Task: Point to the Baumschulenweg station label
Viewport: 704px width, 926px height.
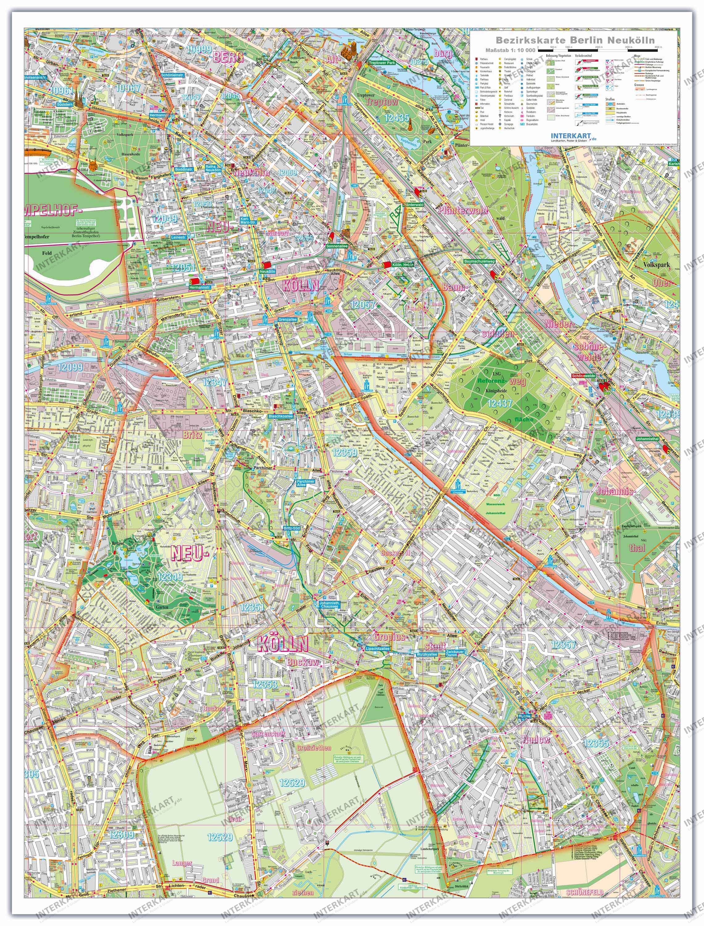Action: pyautogui.click(x=480, y=261)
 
